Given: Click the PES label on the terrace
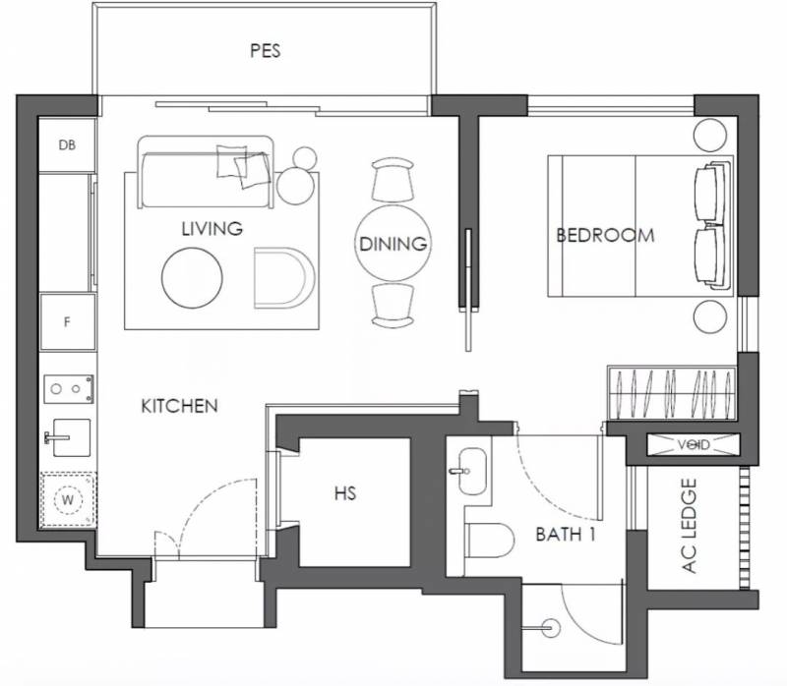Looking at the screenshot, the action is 265,51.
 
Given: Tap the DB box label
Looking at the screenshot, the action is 67,144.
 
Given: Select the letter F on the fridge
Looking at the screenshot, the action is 67,322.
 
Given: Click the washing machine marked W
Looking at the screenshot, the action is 68,499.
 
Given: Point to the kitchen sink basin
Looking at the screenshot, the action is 72,437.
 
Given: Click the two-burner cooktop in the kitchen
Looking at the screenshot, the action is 69,388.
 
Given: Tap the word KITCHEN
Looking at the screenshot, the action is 180,406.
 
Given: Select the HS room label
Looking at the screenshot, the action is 345,493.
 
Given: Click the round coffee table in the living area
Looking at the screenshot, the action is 192,278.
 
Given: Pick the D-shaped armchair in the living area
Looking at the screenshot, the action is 284,277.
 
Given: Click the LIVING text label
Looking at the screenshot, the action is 212,229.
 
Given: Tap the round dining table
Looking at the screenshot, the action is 393,243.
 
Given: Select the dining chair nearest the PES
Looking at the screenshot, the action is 393,180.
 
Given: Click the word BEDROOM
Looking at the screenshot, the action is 605,235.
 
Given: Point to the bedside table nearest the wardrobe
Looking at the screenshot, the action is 709,316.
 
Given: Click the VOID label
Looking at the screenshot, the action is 694,445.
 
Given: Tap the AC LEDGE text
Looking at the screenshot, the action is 690,526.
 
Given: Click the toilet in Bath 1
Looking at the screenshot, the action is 490,541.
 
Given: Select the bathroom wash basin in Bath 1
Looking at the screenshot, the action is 472,472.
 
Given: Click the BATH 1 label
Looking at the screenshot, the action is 566,535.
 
